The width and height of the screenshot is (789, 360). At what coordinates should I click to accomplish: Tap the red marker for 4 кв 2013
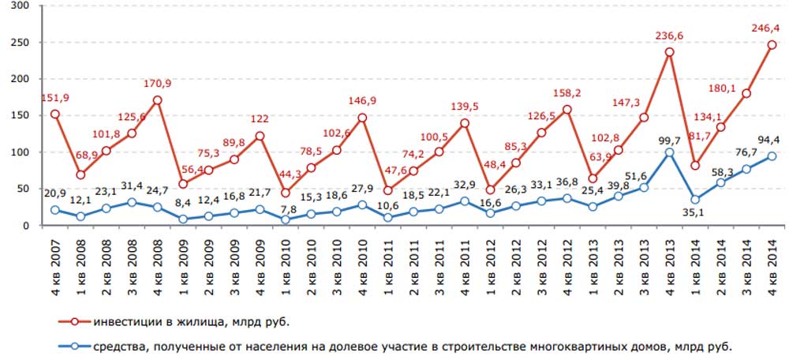669,52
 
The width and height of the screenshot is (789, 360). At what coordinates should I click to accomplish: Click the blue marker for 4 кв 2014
772,156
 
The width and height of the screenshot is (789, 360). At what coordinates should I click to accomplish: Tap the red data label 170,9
157,83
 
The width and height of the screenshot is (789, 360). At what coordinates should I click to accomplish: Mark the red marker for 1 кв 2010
285,193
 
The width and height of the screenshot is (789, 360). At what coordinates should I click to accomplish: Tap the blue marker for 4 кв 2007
55,210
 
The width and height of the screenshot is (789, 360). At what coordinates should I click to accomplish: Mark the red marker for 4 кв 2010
362,118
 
